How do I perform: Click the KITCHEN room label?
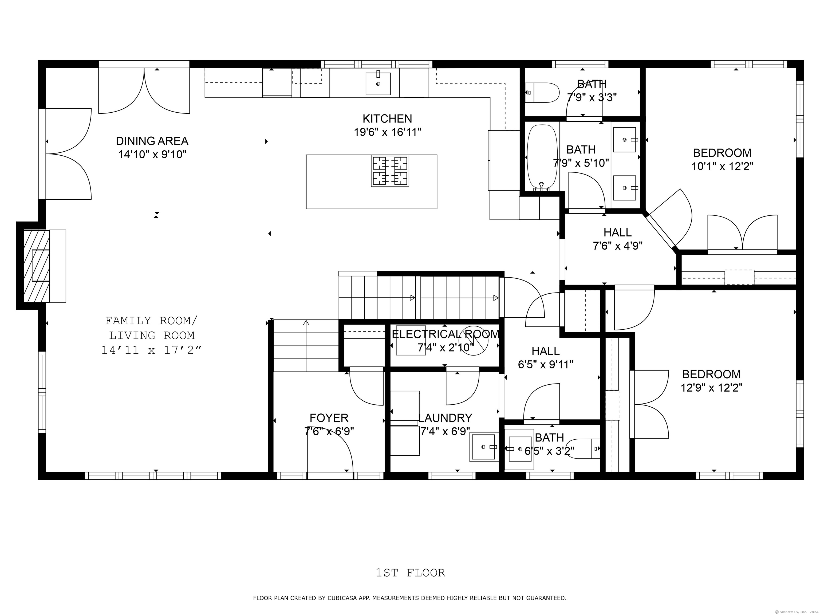click(387, 119)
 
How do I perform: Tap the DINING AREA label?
click(152, 141)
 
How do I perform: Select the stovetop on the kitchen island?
click(390, 171)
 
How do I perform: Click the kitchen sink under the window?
click(378, 84)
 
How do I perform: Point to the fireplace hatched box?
click(37, 266)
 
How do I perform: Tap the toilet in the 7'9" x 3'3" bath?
click(542, 93)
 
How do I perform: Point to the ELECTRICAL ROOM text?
click(446, 334)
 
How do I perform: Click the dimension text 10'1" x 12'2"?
click(722, 166)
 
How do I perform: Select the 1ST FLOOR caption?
click(410, 573)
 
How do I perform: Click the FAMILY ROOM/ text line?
click(152, 320)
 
